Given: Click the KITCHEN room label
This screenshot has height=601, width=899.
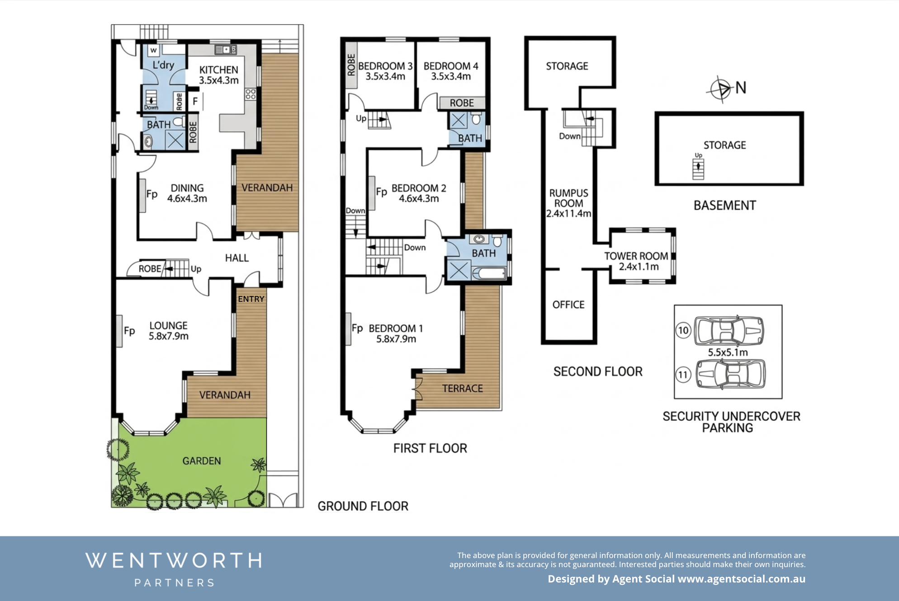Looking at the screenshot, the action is click(x=219, y=70).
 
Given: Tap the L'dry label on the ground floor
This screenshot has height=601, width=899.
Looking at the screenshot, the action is click(x=163, y=65).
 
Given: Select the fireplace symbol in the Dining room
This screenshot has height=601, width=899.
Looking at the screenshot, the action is click(x=142, y=196).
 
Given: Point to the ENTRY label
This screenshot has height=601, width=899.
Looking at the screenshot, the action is click(x=251, y=299).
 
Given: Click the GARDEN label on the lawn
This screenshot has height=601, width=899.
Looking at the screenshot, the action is click(x=202, y=461).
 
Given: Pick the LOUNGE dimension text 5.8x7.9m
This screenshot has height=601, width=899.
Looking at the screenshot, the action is click(x=169, y=336).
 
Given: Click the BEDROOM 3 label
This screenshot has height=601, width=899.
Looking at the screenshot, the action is click(x=385, y=66).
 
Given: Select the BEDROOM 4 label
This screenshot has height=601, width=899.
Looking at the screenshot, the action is click(x=451, y=66).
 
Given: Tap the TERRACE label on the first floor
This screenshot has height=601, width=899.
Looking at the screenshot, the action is click(x=463, y=389).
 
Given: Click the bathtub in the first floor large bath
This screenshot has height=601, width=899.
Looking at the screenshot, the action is click(x=488, y=273).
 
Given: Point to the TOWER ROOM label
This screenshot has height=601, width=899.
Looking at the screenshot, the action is click(x=636, y=256).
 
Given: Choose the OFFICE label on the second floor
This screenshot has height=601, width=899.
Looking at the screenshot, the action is click(x=568, y=305).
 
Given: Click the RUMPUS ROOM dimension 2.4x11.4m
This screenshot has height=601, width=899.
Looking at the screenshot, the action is click(x=568, y=214).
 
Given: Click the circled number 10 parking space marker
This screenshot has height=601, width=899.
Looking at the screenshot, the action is click(x=683, y=330).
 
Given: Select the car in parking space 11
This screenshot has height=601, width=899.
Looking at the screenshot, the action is click(x=731, y=374).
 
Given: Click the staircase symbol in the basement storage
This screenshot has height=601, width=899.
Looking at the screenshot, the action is click(x=698, y=169).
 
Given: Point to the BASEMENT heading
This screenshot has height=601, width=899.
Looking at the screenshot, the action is click(x=725, y=206).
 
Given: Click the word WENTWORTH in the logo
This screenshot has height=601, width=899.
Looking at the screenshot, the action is click(x=174, y=561).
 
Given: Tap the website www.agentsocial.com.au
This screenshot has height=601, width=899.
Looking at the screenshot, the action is click(x=742, y=579).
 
